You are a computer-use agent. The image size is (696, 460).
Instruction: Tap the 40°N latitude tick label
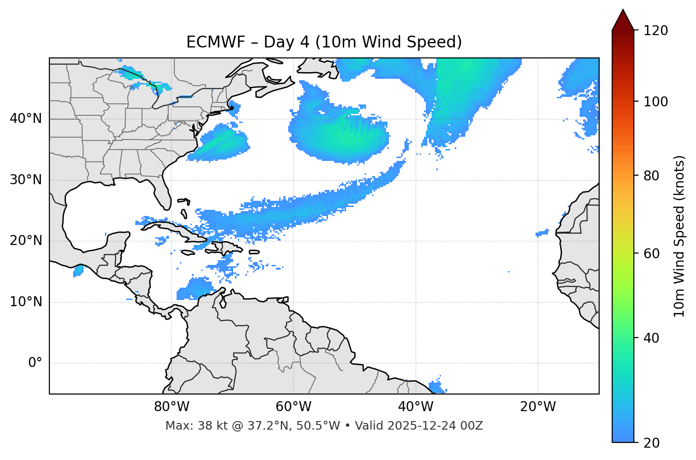[26, 119]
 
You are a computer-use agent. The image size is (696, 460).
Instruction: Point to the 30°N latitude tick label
[26, 180]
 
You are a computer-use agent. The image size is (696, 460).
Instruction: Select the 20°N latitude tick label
[26, 241]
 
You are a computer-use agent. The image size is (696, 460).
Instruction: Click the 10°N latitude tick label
[26, 302]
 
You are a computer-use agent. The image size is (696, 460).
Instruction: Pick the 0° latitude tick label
[35, 363]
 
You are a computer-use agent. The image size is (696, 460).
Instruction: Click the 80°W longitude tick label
[171, 407]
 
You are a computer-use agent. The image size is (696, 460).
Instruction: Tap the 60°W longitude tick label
[293, 407]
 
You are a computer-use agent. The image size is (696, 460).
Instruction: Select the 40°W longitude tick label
[415, 407]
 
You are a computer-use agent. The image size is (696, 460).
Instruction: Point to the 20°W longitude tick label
[537, 407]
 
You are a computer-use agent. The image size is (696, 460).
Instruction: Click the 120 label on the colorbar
[656, 31]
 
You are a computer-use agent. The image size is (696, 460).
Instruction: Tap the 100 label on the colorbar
[656, 102]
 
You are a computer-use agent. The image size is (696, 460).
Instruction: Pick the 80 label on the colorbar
[652, 176]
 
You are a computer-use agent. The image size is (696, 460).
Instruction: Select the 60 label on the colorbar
[652, 253]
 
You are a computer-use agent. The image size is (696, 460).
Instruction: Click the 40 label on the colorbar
[652, 338]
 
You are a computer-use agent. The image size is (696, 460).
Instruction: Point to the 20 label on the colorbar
[652, 443]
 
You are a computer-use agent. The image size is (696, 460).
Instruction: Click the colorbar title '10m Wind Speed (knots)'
[679, 236]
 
